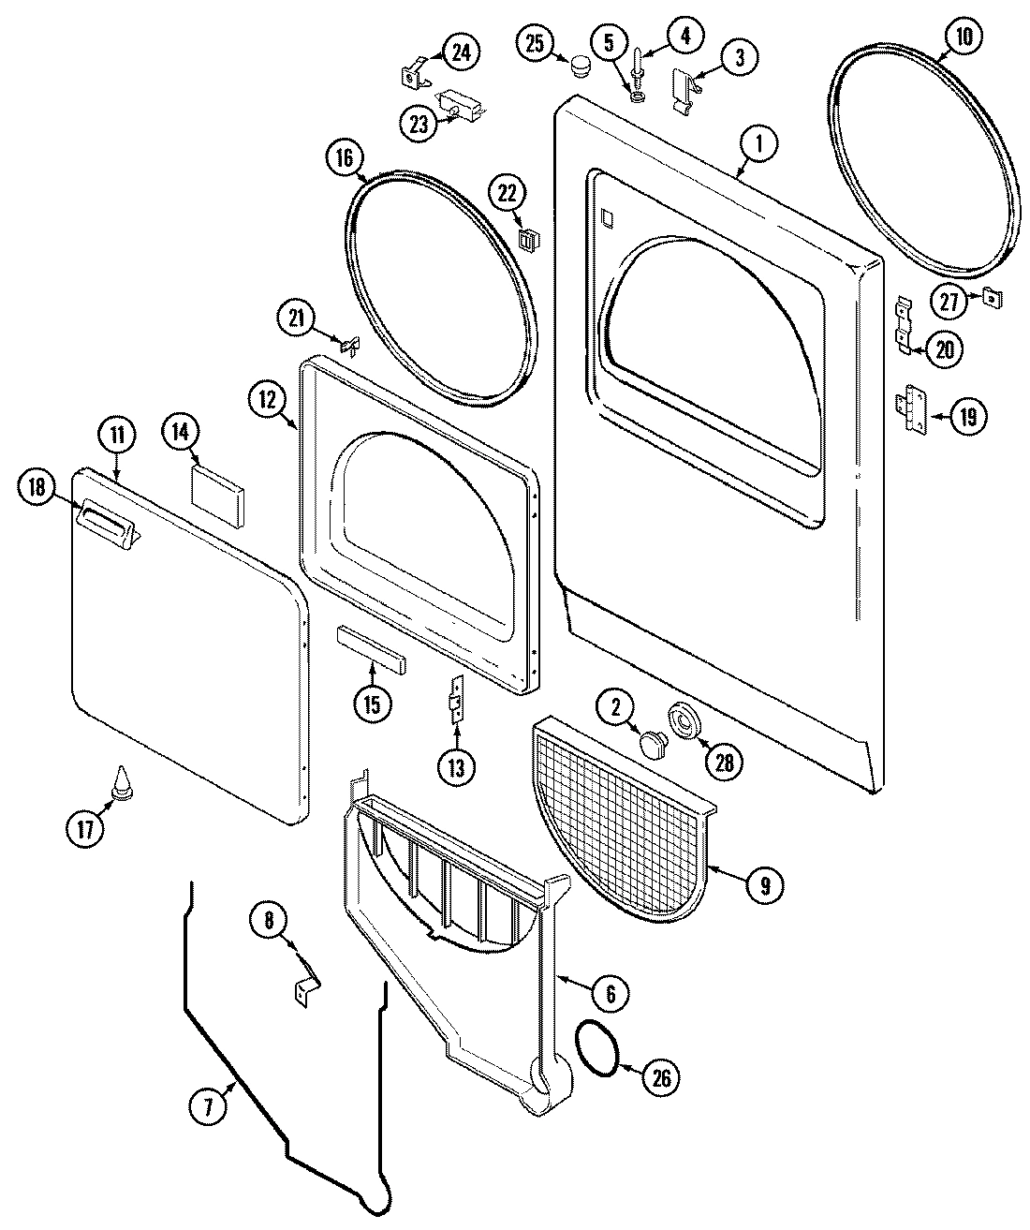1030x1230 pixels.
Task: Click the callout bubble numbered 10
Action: pos(964,37)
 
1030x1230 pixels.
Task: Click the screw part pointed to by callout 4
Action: pos(639,66)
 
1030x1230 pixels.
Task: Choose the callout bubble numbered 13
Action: pos(456,767)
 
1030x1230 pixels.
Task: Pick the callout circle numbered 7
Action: pos(207,1108)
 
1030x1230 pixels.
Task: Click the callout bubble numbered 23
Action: pos(417,122)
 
